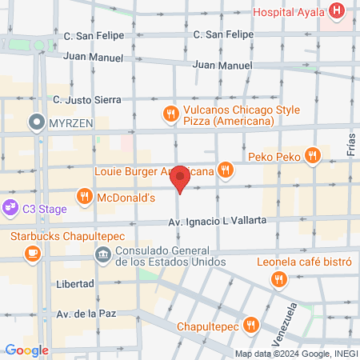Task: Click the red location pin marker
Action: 181,179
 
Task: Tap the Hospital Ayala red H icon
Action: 338,12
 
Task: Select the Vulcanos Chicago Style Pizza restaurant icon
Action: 170,114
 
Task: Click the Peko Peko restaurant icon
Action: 314,155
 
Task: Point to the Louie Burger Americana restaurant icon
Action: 227,170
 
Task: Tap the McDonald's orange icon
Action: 84,196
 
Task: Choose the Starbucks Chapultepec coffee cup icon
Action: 32,254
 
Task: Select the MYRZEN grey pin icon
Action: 36,122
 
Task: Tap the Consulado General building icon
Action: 103,254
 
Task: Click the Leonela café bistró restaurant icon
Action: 278,278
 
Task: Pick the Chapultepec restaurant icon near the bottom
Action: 251,324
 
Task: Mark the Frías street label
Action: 350,144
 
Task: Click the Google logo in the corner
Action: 26,350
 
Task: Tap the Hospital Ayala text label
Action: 288,13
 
